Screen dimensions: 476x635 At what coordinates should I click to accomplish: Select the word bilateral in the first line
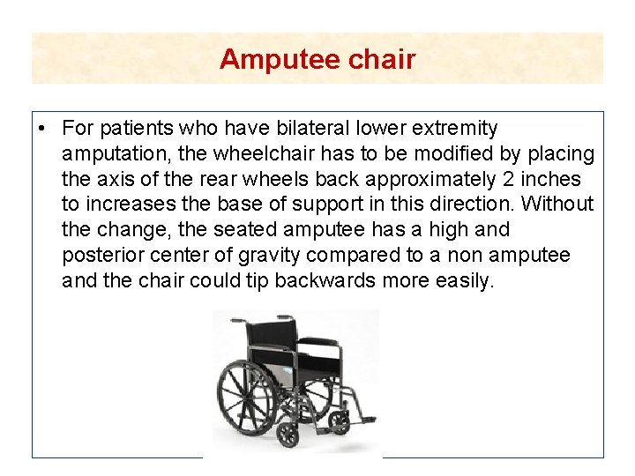coord(313,129)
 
